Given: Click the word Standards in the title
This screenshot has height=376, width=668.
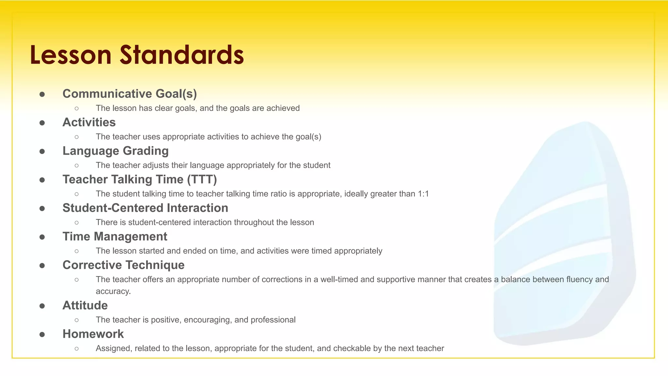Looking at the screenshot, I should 182,55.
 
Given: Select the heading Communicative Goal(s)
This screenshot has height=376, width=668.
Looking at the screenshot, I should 129,94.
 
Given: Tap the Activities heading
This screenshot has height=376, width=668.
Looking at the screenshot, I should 89,122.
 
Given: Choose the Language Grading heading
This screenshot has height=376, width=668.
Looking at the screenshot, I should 115,151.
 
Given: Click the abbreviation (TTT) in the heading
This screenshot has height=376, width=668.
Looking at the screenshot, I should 202,180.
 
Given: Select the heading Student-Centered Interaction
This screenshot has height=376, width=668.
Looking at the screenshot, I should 145,208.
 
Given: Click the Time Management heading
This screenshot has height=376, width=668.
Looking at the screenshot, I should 115,237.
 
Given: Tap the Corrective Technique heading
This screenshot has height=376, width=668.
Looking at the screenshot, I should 123,265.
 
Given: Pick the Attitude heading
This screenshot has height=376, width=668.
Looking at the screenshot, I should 85,305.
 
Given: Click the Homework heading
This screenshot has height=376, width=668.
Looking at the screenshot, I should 93,334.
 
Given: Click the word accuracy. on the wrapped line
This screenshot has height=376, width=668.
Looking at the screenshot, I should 113,291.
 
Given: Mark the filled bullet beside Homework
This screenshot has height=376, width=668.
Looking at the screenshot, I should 42,335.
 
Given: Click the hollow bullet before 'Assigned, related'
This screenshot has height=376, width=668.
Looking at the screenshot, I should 77,349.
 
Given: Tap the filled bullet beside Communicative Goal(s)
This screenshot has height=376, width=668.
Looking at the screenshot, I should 42,94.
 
